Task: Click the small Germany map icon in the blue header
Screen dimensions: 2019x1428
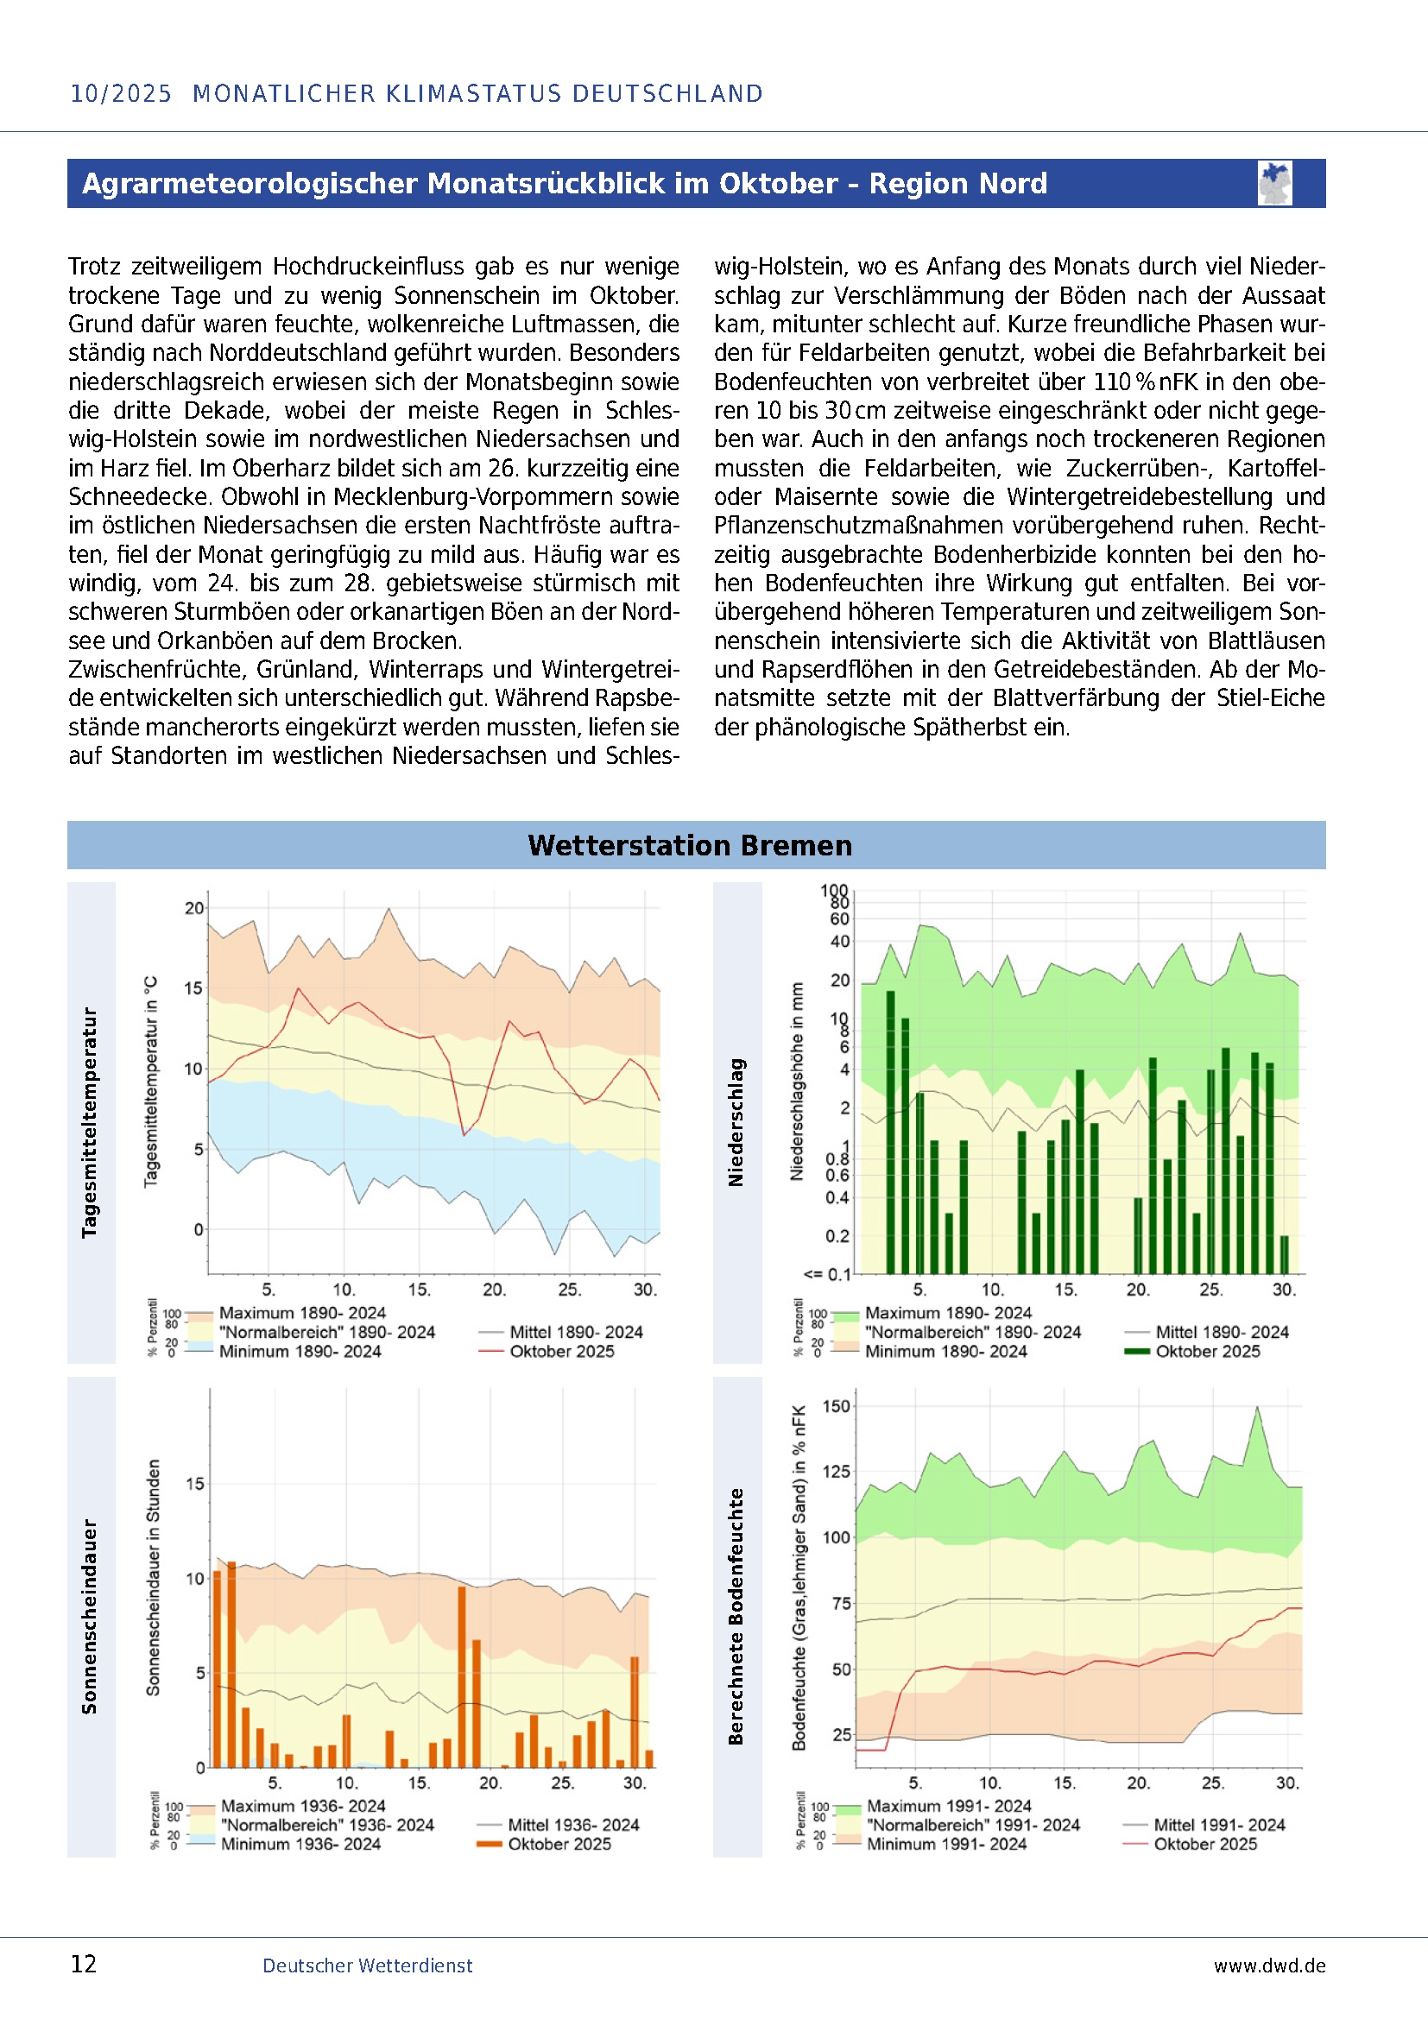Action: point(1274,183)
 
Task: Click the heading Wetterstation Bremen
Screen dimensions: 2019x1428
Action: point(689,845)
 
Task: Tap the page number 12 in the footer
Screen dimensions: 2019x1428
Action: point(84,1965)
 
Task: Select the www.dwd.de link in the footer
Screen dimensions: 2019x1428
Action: point(1269,1965)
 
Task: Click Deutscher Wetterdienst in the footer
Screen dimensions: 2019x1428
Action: point(368,1965)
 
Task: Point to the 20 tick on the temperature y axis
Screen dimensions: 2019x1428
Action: point(193,908)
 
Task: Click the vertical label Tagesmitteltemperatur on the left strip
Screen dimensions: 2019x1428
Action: point(90,1123)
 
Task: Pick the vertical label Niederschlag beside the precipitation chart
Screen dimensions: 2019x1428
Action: point(736,1123)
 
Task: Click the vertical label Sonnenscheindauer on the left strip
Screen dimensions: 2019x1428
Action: point(90,1616)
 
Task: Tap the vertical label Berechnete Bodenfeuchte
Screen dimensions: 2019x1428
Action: point(736,1616)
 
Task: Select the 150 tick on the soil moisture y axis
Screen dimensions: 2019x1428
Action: point(836,1406)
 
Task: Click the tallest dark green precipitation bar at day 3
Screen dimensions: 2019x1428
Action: point(891,1132)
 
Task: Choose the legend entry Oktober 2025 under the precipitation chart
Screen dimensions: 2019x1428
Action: point(1207,1352)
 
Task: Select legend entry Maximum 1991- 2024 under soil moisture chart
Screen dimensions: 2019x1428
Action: point(949,1806)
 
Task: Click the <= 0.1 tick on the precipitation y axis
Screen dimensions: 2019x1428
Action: point(826,1274)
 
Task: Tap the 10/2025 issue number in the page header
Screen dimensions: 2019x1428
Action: point(121,93)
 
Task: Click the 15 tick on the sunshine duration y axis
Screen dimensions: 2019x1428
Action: point(195,1484)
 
